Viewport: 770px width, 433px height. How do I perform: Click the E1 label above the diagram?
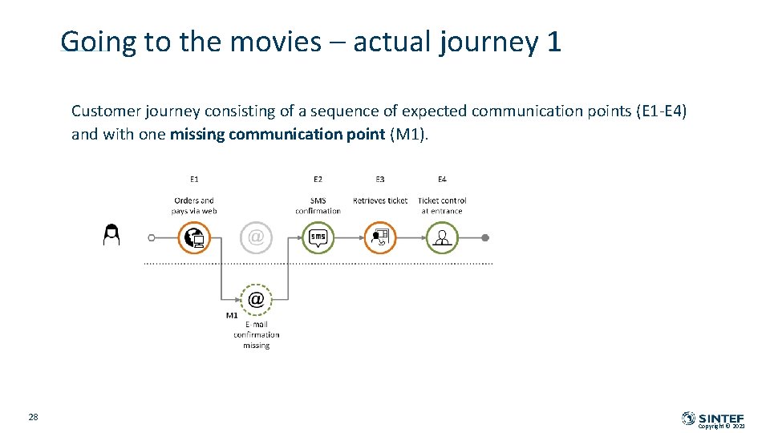(x=194, y=180)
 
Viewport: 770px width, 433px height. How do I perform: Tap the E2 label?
(x=318, y=180)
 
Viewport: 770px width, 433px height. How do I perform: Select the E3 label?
(x=379, y=180)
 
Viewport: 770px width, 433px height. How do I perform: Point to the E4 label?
(x=442, y=180)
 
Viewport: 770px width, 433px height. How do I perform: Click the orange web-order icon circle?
(x=194, y=237)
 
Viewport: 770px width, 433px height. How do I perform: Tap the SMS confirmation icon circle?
(x=318, y=237)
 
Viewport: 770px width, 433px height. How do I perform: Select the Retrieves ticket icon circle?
(x=380, y=237)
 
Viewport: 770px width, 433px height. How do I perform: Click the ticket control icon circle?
(x=442, y=237)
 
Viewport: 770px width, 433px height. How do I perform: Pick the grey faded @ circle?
(x=256, y=237)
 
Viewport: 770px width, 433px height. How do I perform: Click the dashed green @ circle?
(x=256, y=299)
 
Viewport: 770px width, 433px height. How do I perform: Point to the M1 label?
(x=232, y=315)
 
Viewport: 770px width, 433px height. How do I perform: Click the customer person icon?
(x=111, y=235)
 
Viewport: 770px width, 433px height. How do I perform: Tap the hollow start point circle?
(x=152, y=237)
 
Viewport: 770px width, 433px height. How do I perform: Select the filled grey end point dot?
(x=485, y=237)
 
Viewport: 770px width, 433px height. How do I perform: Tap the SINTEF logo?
(x=713, y=418)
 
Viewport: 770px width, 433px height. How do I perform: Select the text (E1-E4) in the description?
(x=661, y=111)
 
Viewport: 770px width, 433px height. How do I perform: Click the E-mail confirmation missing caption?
(x=257, y=335)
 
